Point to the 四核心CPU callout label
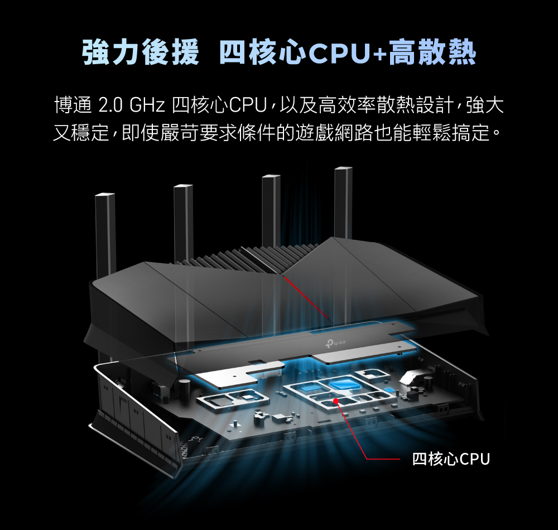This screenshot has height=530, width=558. (x=451, y=459)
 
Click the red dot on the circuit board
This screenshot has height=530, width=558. (x=335, y=401)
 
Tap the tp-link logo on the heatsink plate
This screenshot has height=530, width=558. (x=335, y=343)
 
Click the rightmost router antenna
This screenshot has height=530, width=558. (x=343, y=203)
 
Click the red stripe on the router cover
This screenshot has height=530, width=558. (x=306, y=298)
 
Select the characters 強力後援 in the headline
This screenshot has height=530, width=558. (x=141, y=52)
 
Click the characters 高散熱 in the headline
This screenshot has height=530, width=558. (x=432, y=52)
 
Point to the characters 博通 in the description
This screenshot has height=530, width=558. (x=73, y=105)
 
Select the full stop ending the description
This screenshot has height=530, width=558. (x=497, y=134)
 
